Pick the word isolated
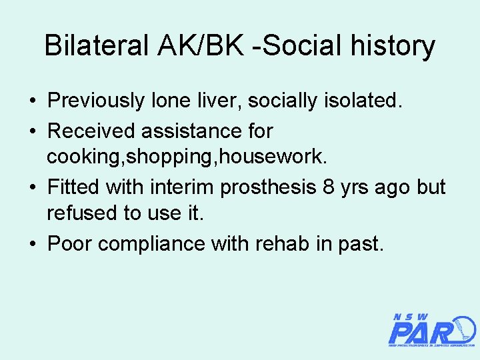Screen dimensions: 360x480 [x=367, y=101]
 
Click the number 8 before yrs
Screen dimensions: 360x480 [x=328, y=187]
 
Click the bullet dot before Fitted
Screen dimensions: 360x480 [x=32, y=188]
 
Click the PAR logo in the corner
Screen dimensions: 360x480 [x=430, y=331]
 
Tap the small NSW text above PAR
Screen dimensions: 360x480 [x=410, y=317]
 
